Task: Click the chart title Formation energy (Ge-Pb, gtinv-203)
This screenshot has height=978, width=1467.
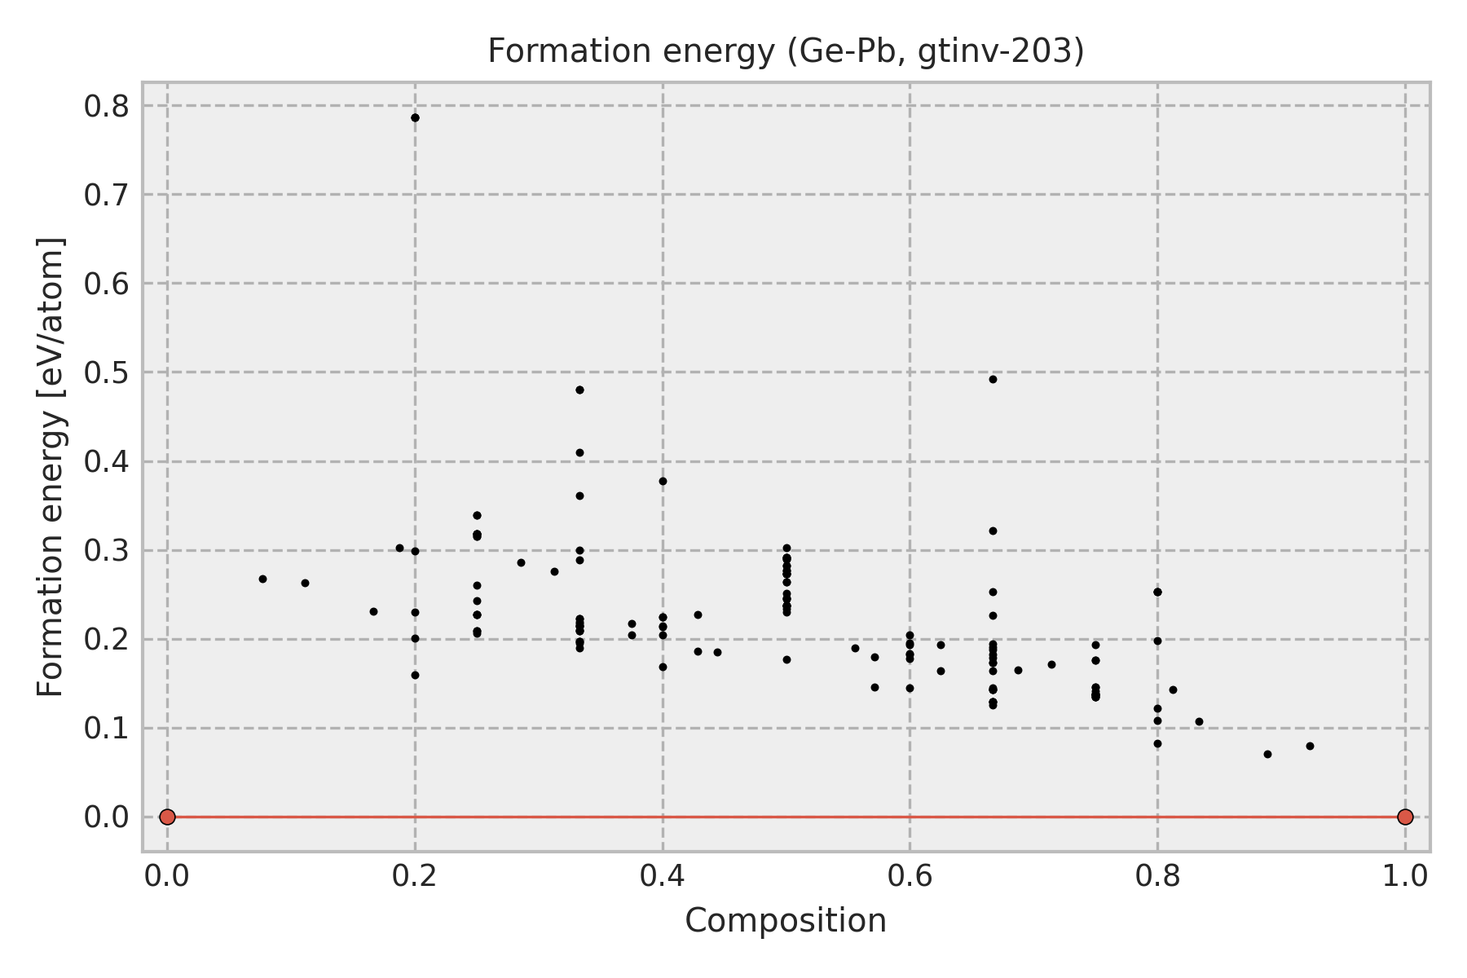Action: pos(786,52)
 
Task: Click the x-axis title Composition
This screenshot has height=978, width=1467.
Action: pos(786,921)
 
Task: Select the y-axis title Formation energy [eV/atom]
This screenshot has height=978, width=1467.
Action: pos(51,467)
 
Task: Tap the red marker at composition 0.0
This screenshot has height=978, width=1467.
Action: pos(167,817)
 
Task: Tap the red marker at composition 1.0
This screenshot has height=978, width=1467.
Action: pos(1405,817)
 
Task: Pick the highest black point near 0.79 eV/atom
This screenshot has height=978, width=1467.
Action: pos(415,117)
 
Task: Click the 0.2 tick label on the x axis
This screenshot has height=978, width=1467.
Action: pos(415,876)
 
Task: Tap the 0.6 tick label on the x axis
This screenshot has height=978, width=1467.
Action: pos(910,876)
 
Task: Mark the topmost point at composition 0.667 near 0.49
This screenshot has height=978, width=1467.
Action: pos(993,379)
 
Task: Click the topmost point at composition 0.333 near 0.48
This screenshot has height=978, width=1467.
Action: pos(579,390)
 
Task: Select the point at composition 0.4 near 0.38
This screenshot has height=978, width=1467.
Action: pos(663,481)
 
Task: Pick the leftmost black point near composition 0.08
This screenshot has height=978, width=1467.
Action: pos(262,579)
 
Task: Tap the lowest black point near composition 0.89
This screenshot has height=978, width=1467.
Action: pos(1267,754)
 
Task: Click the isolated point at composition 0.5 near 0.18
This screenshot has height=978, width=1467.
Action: pos(786,659)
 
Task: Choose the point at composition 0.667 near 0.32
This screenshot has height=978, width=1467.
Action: pos(993,531)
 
